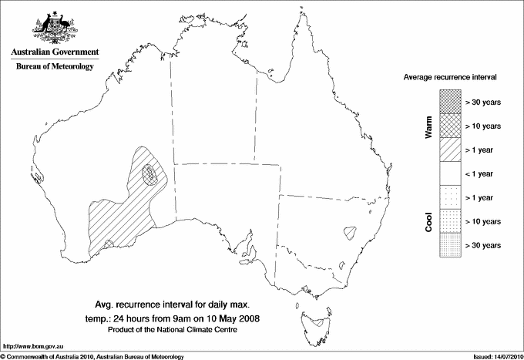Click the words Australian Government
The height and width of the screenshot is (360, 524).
coord(55,52)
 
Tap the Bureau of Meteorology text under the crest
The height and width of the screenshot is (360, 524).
coord(55,66)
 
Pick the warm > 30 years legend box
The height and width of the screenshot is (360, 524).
coord(449,102)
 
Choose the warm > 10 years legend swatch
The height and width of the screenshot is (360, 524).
coord(449,126)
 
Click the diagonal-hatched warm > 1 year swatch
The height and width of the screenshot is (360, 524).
coord(449,150)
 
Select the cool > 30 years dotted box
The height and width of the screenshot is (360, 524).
coord(449,245)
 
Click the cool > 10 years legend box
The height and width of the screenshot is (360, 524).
coord(449,221)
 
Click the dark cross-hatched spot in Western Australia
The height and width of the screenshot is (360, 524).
coord(154,174)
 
